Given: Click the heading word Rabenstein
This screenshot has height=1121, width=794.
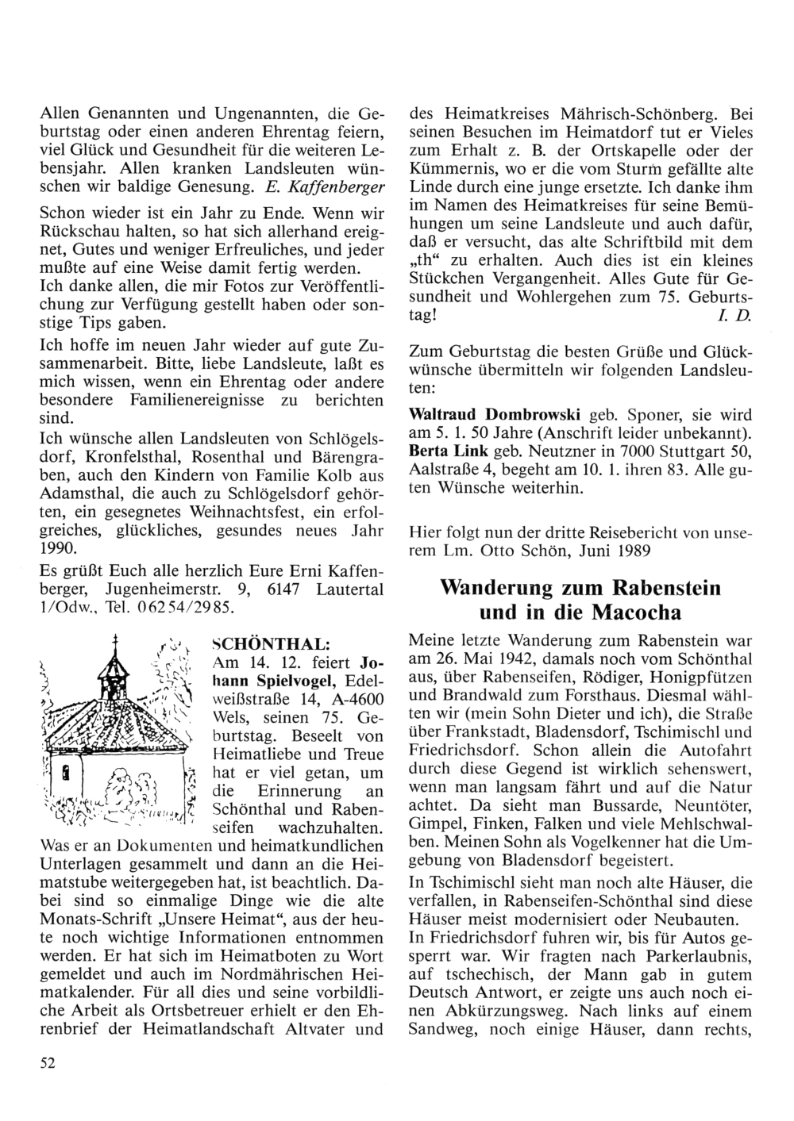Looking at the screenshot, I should (668, 588).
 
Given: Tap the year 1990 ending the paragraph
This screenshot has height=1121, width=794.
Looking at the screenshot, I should (58, 548).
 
